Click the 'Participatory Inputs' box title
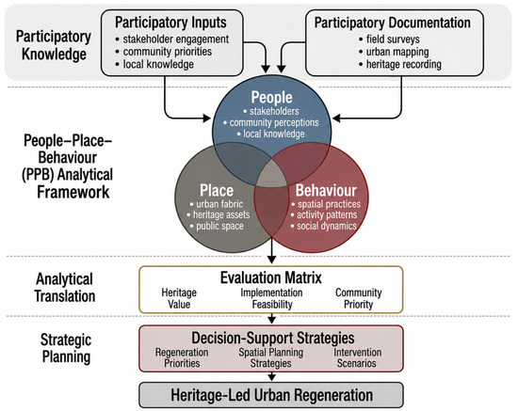170,23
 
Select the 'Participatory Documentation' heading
393,23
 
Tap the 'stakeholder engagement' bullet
172,39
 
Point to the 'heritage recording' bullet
400,64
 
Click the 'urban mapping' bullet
394,52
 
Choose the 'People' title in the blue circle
271,97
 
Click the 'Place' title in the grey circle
217,190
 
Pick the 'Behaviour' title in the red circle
326,190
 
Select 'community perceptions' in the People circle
271,122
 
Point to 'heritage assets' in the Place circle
219,214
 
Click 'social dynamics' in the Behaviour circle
324,226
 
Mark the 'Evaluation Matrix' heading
271,277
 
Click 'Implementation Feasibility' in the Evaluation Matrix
271,298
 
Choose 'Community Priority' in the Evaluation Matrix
359,298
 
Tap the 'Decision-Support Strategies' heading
273,338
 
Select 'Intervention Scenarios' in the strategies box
357,357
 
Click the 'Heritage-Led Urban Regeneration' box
271,395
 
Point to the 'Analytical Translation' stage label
65,287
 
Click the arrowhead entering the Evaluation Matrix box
271,260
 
